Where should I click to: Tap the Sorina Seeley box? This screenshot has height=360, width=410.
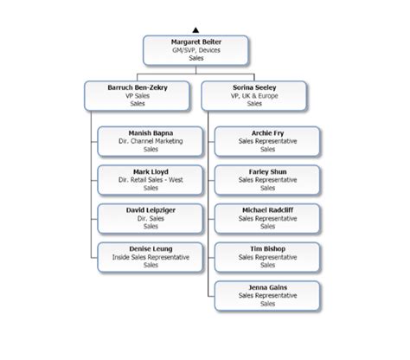pos(253,94)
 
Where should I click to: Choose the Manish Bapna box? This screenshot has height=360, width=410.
pos(151,140)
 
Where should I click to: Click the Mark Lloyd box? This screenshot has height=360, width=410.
pos(151,179)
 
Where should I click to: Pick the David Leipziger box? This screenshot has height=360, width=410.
pos(151,218)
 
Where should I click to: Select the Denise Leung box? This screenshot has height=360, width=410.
pos(151,256)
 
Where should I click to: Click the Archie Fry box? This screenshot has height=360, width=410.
pos(267,140)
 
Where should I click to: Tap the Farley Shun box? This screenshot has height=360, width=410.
pos(267,179)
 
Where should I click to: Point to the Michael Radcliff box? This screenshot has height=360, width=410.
pos(267,218)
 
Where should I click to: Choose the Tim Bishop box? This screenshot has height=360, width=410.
pos(267,256)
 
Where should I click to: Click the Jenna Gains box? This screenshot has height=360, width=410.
pos(267,295)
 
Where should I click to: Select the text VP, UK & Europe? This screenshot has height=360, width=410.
pos(253,95)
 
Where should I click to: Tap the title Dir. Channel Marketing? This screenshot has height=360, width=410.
pos(151,141)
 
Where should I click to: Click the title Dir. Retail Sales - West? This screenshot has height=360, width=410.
pos(151,180)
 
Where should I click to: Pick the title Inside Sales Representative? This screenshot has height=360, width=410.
pos(151,257)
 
